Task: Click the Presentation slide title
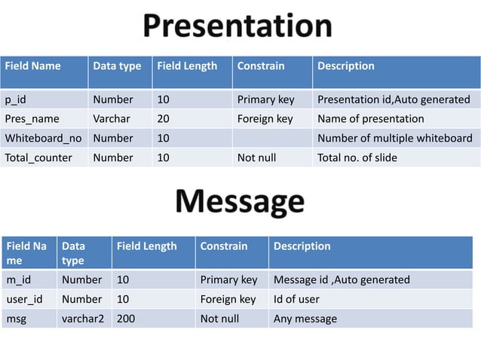(x=237, y=26)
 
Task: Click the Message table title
(x=240, y=202)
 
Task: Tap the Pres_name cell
(x=26, y=119)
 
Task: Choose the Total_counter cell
(x=38, y=158)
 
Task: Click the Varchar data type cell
(x=111, y=119)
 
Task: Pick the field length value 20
(x=163, y=119)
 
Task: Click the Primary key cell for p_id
(x=265, y=99)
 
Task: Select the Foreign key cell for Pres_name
(x=265, y=119)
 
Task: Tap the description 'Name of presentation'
(x=370, y=119)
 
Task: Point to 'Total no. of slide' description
(x=357, y=158)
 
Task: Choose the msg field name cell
(x=16, y=319)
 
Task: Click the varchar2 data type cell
(x=83, y=319)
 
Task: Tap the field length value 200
(x=126, y=319)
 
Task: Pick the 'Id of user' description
(x=296, y=300)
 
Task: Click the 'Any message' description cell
(x=305, y=319)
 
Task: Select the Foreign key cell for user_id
(x=228, y=300)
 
